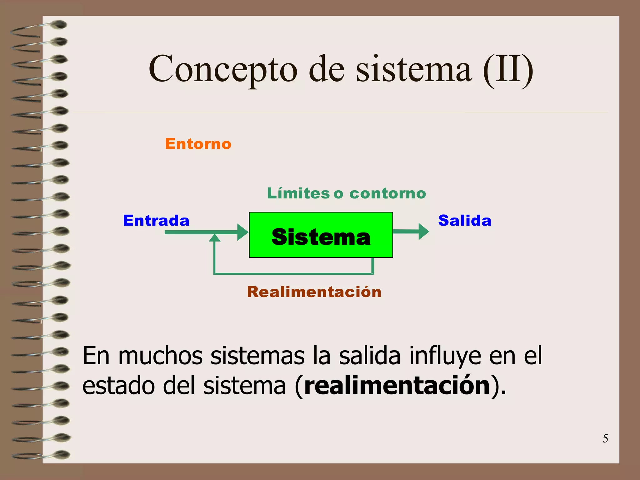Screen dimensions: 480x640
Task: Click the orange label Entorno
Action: coord(198,144)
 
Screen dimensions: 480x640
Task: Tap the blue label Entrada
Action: coord(156,221)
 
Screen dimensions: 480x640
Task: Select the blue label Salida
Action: coord(465,221)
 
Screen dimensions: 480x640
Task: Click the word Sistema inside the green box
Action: coord(321,237)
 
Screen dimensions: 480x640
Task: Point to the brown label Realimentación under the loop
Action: coord(314,292)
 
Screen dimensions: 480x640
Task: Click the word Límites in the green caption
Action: coord(298,193)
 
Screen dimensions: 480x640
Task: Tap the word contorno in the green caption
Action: coord(387,193)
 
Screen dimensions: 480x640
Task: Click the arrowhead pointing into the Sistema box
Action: coord(242,232)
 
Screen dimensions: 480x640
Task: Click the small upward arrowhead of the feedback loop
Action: coord(214,238)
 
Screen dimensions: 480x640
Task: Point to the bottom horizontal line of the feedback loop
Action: coord(294,274)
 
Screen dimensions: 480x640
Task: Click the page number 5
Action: coord(605,439)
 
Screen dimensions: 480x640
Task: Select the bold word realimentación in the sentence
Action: coord(397,386)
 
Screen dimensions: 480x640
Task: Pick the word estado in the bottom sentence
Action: coord(118,386)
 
